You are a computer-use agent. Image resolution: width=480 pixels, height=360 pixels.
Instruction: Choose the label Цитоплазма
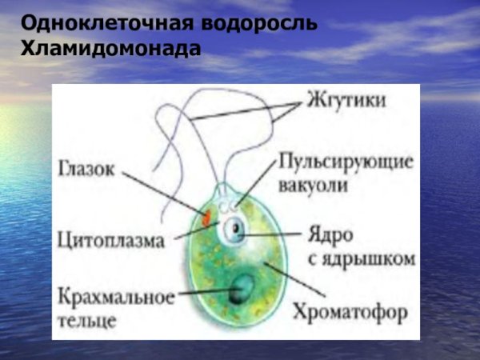pos(112,238)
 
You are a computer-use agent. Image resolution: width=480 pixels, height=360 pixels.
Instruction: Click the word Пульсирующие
pos(345,163)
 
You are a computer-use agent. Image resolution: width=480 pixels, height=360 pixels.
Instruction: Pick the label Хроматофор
pos(353,308)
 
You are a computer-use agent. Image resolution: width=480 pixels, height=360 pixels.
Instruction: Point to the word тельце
pos(87,320)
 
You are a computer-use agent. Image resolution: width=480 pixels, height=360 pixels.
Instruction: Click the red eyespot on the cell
pos(206,216)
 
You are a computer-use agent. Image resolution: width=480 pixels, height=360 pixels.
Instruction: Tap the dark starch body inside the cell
pos(239,292)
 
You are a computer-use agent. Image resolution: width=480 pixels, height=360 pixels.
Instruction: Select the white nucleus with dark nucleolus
pos(234,231)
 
